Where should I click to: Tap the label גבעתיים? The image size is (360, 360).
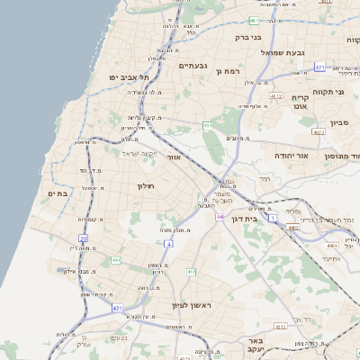[x=193, y=66]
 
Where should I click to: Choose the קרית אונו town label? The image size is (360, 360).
[x=301, y=100]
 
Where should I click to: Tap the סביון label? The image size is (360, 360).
[x=338, y=123]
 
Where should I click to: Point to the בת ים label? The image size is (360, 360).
[x=57, y=193]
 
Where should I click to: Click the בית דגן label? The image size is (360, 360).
[x=257, y=218]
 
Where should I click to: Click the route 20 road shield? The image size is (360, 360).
[x=83, y=238]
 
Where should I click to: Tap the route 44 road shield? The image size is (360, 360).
[x=220, y=217]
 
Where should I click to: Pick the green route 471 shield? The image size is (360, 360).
[x=320, y=67]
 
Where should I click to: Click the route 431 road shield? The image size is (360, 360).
[x=117, y=308]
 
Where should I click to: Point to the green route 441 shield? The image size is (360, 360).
[x=115, y=260]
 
